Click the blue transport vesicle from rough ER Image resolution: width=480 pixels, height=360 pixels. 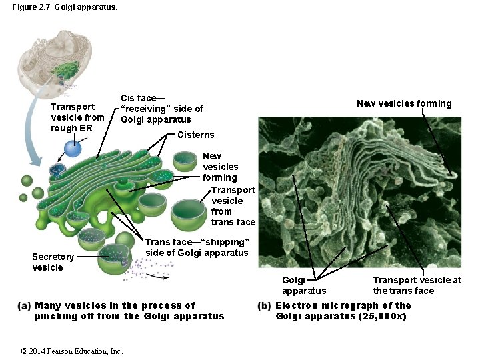[72, 149]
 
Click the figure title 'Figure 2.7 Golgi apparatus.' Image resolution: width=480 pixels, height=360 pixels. [65, 9]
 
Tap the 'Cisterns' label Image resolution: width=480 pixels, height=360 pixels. [196, 135]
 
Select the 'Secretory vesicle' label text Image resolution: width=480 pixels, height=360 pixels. [53, 262]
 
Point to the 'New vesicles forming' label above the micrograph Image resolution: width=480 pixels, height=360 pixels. [404, 103]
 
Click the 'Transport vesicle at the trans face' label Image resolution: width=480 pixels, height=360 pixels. [417, 285]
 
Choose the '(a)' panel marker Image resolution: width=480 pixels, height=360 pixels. [24, 306]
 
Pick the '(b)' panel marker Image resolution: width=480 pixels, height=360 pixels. [264, 306]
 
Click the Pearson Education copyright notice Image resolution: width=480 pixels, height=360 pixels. [72, 351]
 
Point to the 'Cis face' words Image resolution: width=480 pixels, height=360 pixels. [138, 98]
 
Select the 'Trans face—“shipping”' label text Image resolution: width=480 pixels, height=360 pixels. [197, 242]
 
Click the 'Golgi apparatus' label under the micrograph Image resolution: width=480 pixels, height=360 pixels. [304, 285]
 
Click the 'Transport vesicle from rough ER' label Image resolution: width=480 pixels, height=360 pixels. [77, 117]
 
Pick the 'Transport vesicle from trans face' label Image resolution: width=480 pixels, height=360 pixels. [233, 206]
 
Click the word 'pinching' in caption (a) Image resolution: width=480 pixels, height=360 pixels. [55, 316]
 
